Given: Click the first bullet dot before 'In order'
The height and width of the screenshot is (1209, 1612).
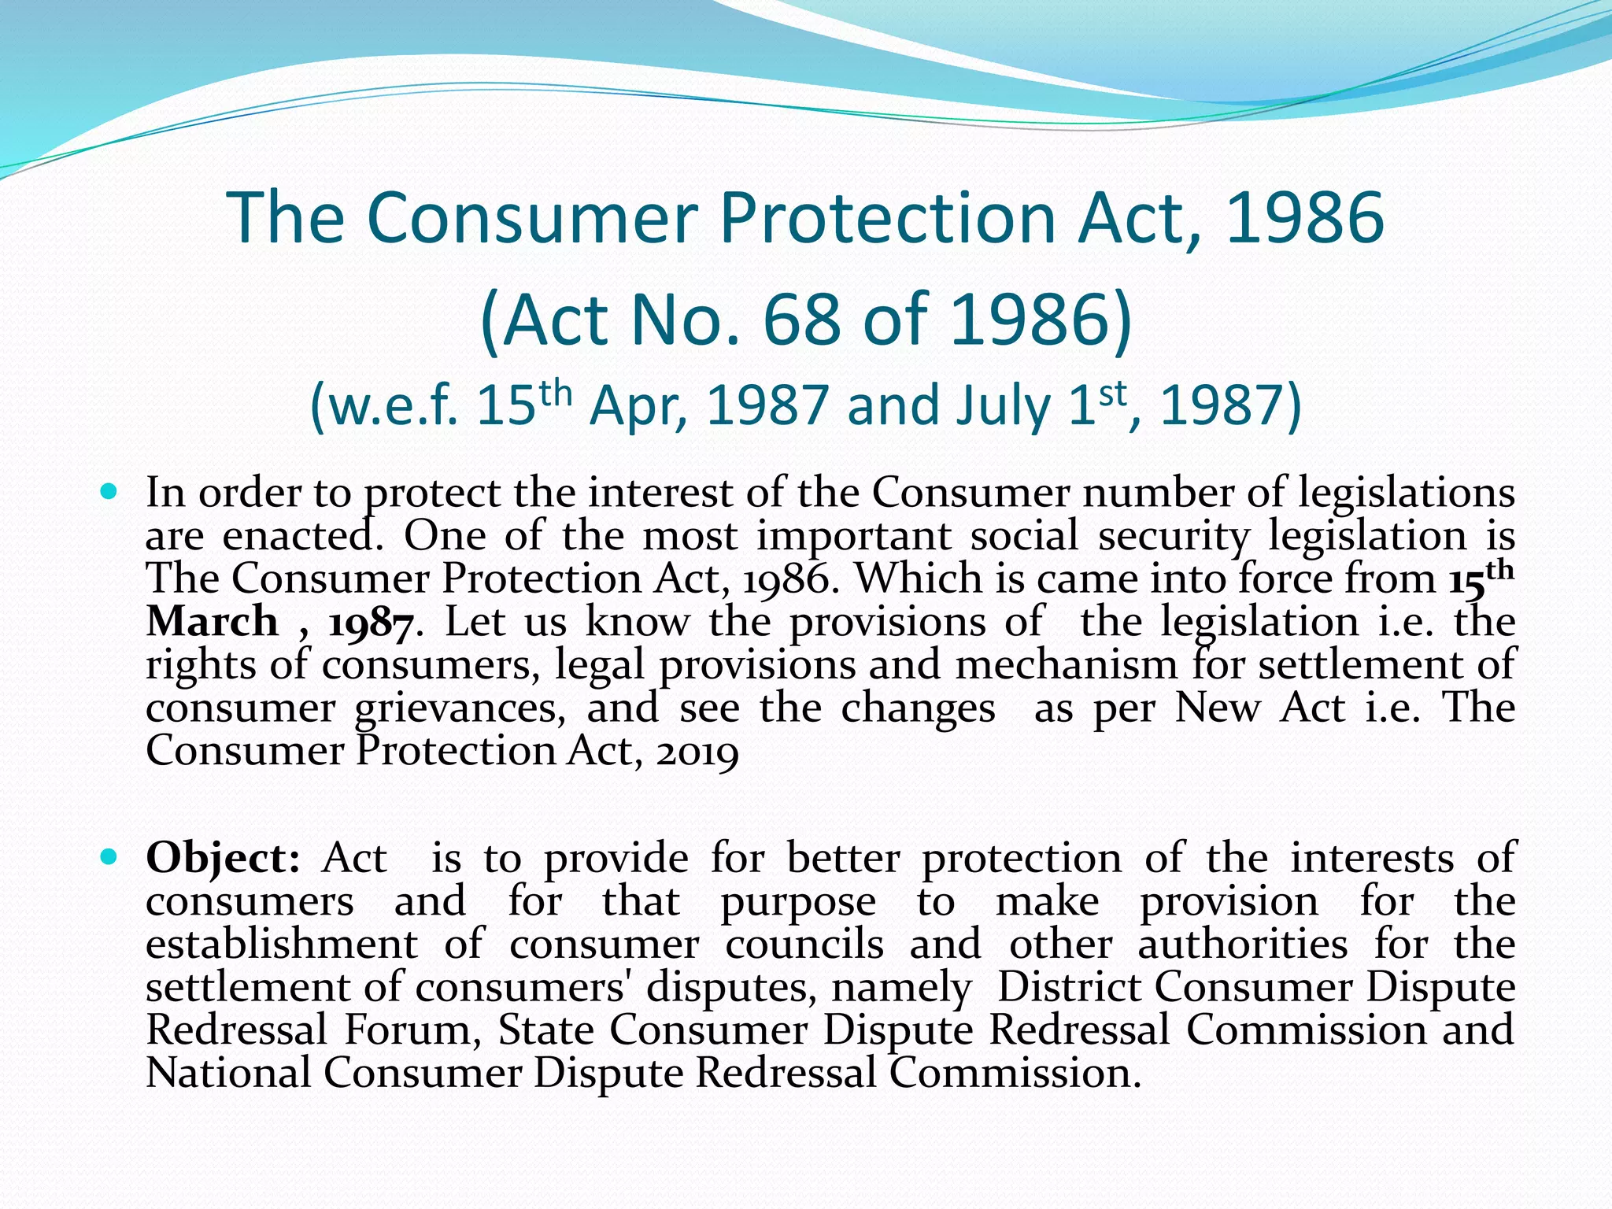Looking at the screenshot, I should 109,493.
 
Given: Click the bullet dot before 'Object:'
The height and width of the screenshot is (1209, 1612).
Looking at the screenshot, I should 109,856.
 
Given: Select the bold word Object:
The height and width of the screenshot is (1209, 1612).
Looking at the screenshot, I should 223,858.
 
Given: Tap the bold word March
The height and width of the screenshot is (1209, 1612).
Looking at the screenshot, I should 213,622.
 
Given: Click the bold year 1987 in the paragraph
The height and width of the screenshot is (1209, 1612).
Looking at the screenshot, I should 370,623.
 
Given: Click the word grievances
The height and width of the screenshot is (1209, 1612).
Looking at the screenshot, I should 459,708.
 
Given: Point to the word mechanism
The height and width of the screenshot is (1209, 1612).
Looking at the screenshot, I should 1066,665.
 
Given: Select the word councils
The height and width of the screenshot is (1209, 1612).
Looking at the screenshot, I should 804,944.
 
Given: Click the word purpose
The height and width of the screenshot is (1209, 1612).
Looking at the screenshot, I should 797,902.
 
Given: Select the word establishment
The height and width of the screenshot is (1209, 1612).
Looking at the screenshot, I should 282,944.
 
